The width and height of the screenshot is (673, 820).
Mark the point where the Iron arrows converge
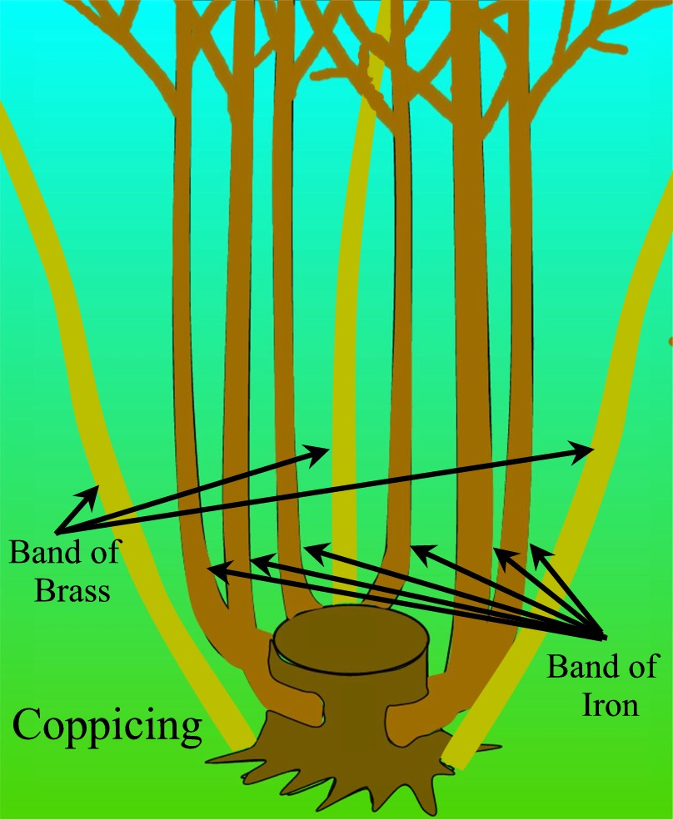(601, 637)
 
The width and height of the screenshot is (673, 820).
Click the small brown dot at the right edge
(670, 340)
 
